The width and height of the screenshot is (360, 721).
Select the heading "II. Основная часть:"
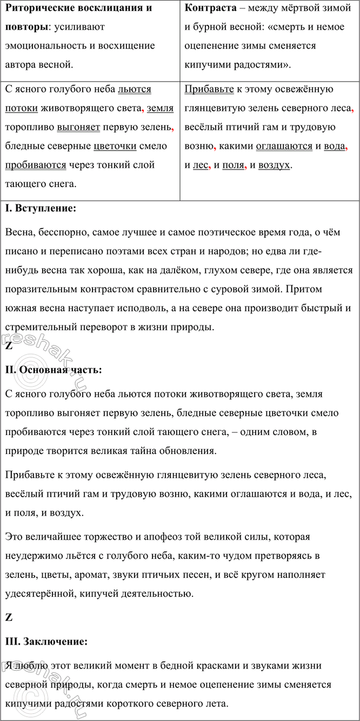52,370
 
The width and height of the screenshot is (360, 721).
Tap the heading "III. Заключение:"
46,641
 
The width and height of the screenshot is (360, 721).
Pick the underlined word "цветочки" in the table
114,146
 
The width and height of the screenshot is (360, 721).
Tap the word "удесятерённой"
39,593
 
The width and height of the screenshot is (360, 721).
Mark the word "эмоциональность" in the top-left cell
44,45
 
